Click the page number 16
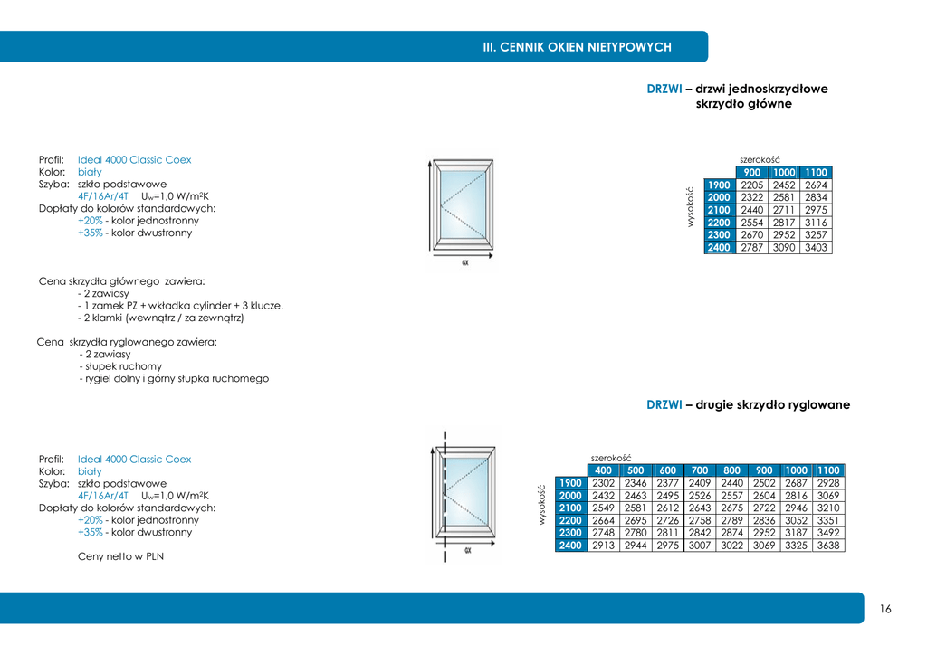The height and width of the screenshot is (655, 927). [x=885, y=609]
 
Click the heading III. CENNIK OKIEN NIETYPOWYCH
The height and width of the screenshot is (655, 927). [x=577, y=47]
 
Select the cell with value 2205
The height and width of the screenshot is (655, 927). [x=751, y=185]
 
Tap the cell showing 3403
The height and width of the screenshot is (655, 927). [x=816, y=247]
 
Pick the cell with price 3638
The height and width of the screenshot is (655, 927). [x=828, y=546]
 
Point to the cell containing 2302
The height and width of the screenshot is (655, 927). [x=603, y=483]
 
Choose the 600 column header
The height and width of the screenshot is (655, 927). [x=668, y=470]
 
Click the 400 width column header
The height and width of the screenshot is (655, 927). [x=603, y=470]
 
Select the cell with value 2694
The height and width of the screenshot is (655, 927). [x=816, y=185]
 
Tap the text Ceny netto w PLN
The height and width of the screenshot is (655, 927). [x=120, y=556]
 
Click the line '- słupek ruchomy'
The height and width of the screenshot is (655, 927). [x=122, y=366]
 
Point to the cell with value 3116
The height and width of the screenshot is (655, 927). [x=816, y=223]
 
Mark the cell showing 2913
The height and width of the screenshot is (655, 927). [x=603, y=546]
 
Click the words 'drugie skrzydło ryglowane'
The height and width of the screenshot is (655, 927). [x=772, y=404]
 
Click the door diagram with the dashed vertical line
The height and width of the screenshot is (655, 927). [x=463, y=496]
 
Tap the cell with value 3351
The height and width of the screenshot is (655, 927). [x=828, y=520]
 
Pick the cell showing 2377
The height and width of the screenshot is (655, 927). [x=668, y=483]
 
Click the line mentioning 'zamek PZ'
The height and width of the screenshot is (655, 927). [x=180, y=306]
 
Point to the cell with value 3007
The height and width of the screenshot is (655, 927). [x=700, y=546]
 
